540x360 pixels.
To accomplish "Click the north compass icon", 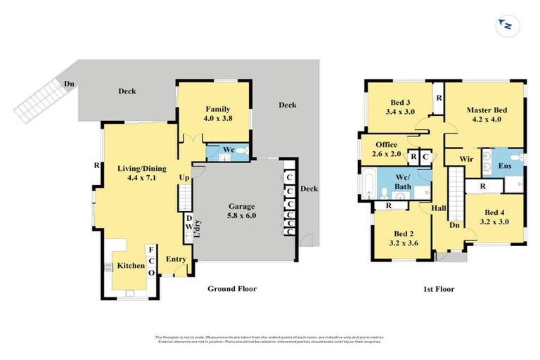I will point(505,26).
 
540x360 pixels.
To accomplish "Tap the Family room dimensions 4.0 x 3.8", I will point(218,119).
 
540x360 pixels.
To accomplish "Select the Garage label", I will point(242,206).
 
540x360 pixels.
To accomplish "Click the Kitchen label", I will point(130,266).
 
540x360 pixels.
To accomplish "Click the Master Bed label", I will point(487,110).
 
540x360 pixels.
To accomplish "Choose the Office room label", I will point(386,144).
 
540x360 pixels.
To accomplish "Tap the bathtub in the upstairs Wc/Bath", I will point(368,184).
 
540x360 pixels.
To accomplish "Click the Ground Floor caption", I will point(231,289).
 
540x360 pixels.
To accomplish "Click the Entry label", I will point(176,259).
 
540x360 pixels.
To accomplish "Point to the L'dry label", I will point(197,230).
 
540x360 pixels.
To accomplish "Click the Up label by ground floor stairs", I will point(184,178).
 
